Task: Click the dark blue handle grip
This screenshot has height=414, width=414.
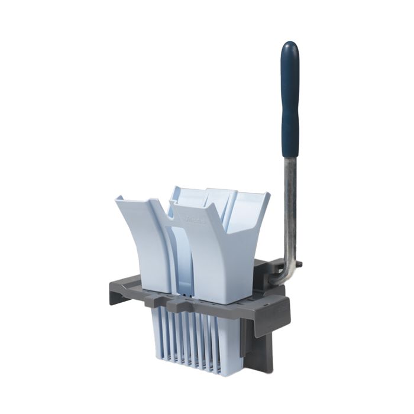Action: (290, 101)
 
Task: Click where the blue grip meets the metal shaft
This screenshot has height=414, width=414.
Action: (290, 157)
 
